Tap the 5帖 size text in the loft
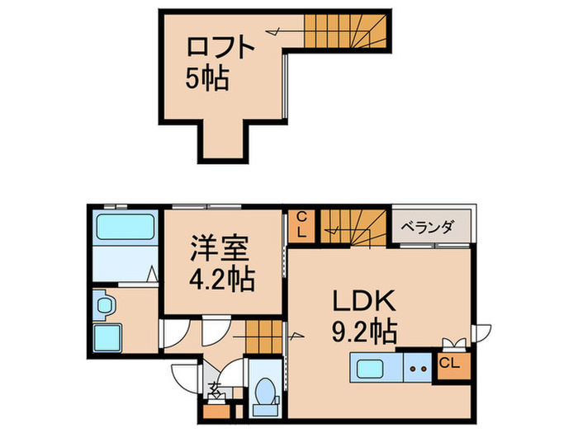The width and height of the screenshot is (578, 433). coord(206,79)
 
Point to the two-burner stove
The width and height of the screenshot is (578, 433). coord(418,368)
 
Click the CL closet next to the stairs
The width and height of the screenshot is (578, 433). coord(302,225)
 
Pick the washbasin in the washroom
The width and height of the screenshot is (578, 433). coord(105,305)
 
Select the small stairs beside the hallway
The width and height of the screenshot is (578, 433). coord(263,336)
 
